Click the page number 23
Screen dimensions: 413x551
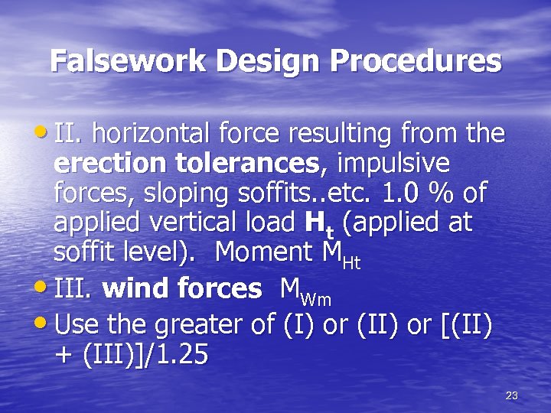[512, 395]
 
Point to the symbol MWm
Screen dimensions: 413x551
[305, 290]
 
